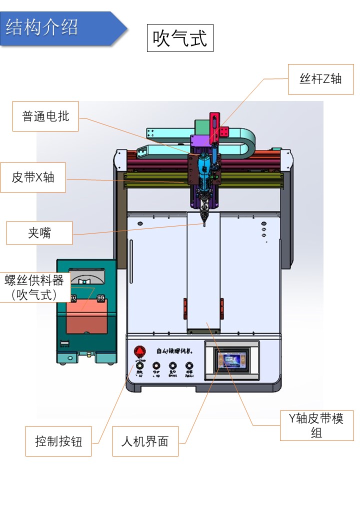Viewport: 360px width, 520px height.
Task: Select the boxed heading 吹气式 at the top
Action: pos(180,37)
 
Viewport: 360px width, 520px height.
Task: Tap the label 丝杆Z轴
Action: pos(321,78)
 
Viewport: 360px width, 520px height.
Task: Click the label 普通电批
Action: pos(45,116)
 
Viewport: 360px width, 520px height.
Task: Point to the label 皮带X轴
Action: pos(33,177)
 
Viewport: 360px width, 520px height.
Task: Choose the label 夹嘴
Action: pos(39,233)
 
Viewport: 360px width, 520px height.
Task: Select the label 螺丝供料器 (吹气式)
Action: pos(34,287)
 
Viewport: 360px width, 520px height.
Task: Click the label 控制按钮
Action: pos(58,441)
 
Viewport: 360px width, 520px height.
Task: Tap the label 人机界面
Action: pos(145,441)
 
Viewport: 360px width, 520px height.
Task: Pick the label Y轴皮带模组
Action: pos(316,425)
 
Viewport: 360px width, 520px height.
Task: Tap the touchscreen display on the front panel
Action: pos(231,360)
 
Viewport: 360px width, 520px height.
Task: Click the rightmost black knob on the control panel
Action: pos(189,366)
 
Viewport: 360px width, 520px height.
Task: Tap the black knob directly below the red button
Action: pos(139,366)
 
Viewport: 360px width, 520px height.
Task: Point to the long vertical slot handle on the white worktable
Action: pos(131,260)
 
